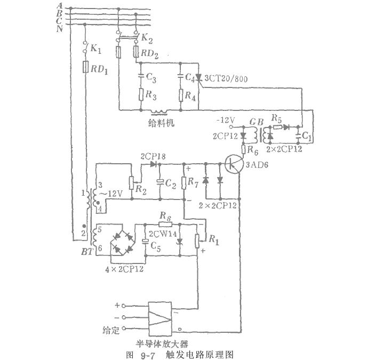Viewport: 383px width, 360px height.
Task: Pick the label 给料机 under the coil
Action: pos(159,122)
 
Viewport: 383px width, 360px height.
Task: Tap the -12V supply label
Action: pos(227,121)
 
